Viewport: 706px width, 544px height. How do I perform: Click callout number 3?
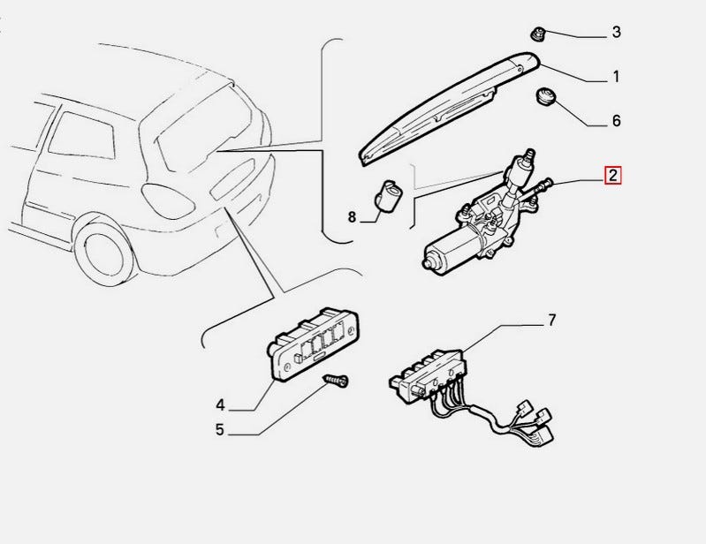(616, 32)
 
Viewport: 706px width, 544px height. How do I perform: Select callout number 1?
(616, 77)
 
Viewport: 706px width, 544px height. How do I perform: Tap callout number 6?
(616, 121)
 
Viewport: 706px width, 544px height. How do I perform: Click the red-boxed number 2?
(612, 175)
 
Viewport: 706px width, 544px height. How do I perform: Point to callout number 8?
(352, 217)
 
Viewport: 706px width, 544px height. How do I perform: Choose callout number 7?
(551, 321)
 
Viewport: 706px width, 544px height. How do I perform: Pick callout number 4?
(220, 405)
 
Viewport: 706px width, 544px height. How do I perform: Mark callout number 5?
(220, 430)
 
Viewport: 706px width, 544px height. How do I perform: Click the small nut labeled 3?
(537, 34)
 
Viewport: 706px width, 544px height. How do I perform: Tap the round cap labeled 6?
(546, 96)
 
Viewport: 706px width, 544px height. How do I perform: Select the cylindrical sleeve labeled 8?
(388, 195)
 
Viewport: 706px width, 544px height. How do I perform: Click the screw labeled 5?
(338, 382)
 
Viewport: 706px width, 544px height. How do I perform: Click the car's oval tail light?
(168, 200)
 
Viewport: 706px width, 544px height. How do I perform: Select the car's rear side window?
(81, 135)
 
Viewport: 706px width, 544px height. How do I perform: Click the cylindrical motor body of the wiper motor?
(451, 249)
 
